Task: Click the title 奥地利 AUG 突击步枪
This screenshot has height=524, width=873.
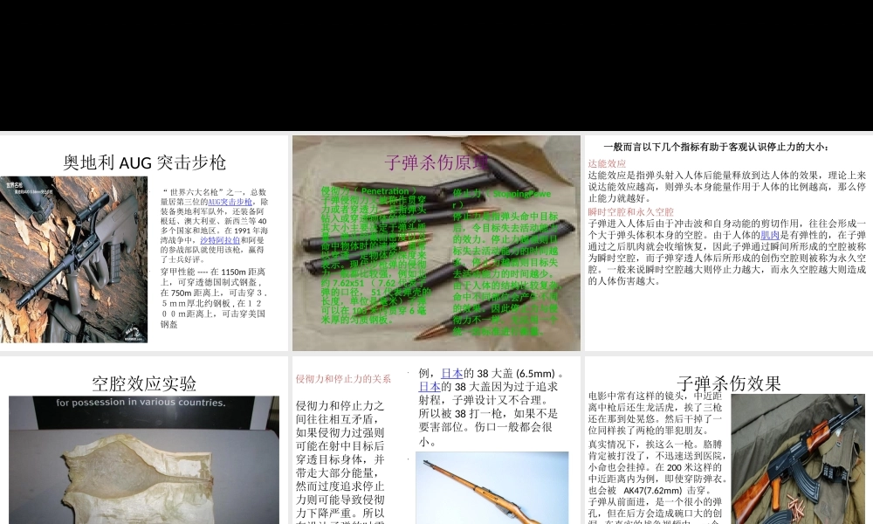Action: (x=144, y=162)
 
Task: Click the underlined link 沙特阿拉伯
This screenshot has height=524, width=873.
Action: (x=220, y=238)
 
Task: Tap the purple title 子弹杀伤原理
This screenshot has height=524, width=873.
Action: (x=436, y=162)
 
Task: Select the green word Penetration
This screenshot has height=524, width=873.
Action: (x=384, y=190)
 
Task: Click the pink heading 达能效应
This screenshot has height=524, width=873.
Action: (x=607, y=163)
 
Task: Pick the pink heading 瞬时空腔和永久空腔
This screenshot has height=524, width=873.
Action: (x=631, y=212)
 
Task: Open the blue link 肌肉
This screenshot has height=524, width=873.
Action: (x=770, y=235)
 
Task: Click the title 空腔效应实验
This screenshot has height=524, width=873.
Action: (x=144, y=383)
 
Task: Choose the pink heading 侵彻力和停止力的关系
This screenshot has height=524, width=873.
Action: (x=343, y=378)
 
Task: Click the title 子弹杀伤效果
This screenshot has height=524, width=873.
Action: (x=728, y=383)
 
